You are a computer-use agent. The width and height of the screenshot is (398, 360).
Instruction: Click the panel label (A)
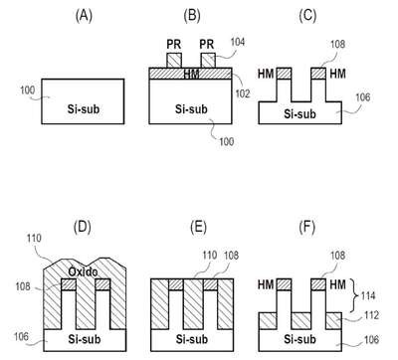(x=84, y=16)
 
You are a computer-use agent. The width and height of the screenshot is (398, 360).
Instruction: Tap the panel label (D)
(x=83, y=227)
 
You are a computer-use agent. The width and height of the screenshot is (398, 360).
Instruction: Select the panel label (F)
(x=306, y=227)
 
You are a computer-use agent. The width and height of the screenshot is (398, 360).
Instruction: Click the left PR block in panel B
(x=174, y=61)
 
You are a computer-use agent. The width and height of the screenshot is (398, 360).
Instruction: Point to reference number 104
(x=237, y=42)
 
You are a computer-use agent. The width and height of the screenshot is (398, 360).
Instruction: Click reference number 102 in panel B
(x=243, y=93)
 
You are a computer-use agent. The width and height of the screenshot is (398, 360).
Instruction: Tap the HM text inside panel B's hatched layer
(x=191, y=75)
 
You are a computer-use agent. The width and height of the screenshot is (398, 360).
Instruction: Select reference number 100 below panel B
(x=227, y=141)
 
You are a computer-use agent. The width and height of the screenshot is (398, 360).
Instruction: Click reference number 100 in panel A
(x=27, y=90)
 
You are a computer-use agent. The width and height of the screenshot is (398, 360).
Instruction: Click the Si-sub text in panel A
(x=84, y=108)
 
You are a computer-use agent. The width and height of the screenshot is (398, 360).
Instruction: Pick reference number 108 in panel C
(x=337, y=44)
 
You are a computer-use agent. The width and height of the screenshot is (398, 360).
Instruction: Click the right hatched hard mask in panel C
(x=318, y=74)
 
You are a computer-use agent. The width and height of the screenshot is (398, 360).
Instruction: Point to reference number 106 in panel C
(x=363, y=97)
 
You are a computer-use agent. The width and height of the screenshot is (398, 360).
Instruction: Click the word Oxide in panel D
(x=83, y=271)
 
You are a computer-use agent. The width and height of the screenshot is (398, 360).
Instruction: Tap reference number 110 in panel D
(x=35, y=238)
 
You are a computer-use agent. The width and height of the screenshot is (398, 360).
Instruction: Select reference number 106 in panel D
(x=21, y=337)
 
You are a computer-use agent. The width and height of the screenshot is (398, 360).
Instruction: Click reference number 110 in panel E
(x=210, y=256)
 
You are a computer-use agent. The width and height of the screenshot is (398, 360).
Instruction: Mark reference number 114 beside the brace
(x=368, y=295)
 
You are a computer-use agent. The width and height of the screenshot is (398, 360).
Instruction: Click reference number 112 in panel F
(x=371, y=315)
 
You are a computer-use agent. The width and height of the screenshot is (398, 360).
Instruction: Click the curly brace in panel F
(x=356, y=295)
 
